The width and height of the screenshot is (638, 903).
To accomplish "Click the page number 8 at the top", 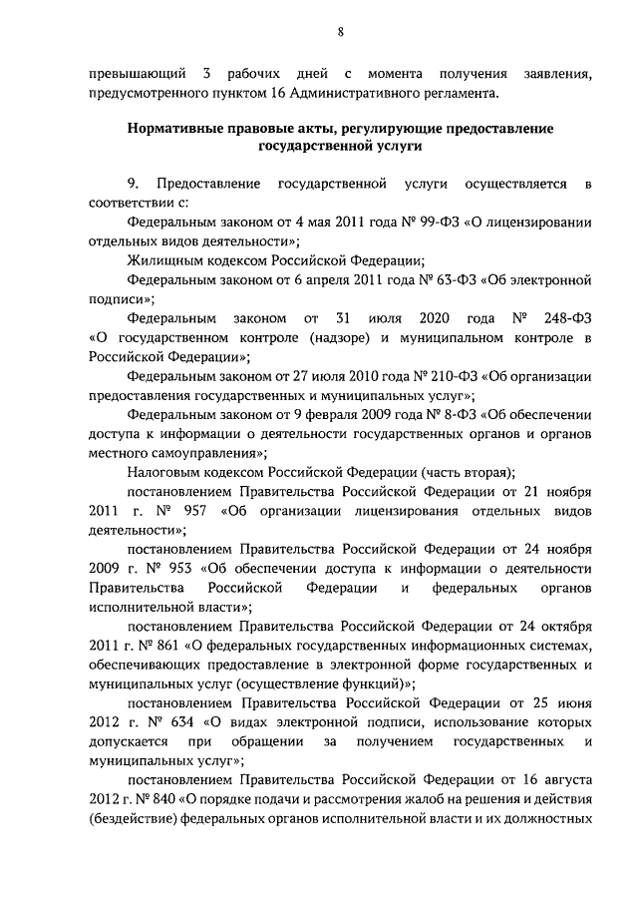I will tap(340, 32).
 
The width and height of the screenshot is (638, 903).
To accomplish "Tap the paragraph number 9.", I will tap(132, 185).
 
